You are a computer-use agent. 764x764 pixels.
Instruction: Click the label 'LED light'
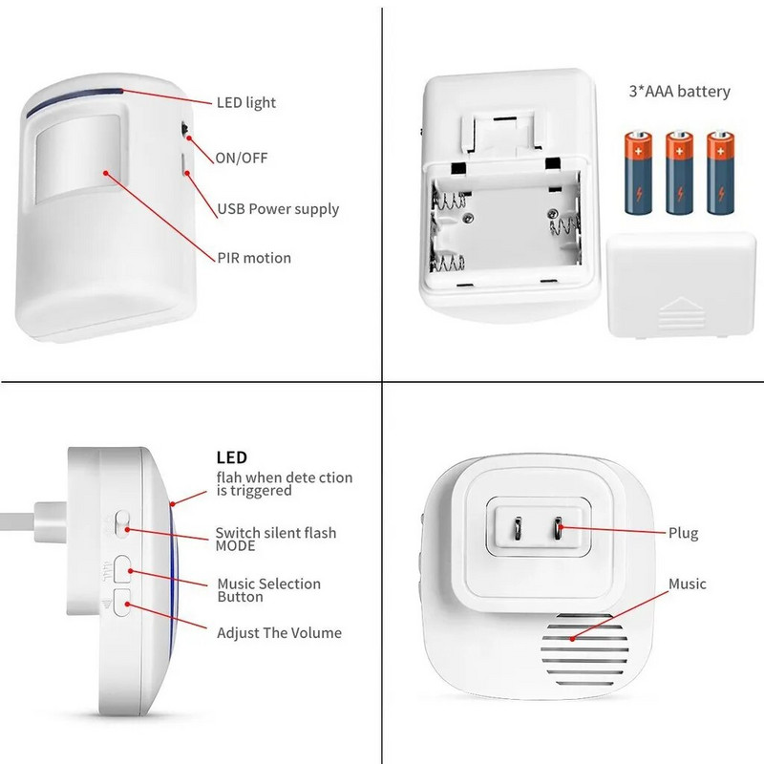point(247,102)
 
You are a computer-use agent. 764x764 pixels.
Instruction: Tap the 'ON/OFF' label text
point(242,157)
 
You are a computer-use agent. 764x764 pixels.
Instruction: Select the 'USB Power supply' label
point(278,208)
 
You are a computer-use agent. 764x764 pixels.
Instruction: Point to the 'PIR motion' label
point(253,258)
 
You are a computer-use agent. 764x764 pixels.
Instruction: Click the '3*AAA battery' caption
point(680,92)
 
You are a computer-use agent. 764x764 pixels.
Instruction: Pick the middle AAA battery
point(679,173)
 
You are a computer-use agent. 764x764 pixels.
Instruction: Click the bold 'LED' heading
point(232,458)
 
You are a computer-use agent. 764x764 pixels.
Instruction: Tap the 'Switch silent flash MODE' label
point(275,539)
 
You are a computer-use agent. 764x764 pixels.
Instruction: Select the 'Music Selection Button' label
point(268,590)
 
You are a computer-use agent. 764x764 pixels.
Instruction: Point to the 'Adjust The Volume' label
point(279,632)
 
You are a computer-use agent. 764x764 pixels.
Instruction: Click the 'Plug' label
point(683,533)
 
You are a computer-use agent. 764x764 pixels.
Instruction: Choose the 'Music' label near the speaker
point(687,584)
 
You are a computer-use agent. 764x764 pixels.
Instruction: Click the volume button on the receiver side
point(122,600)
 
